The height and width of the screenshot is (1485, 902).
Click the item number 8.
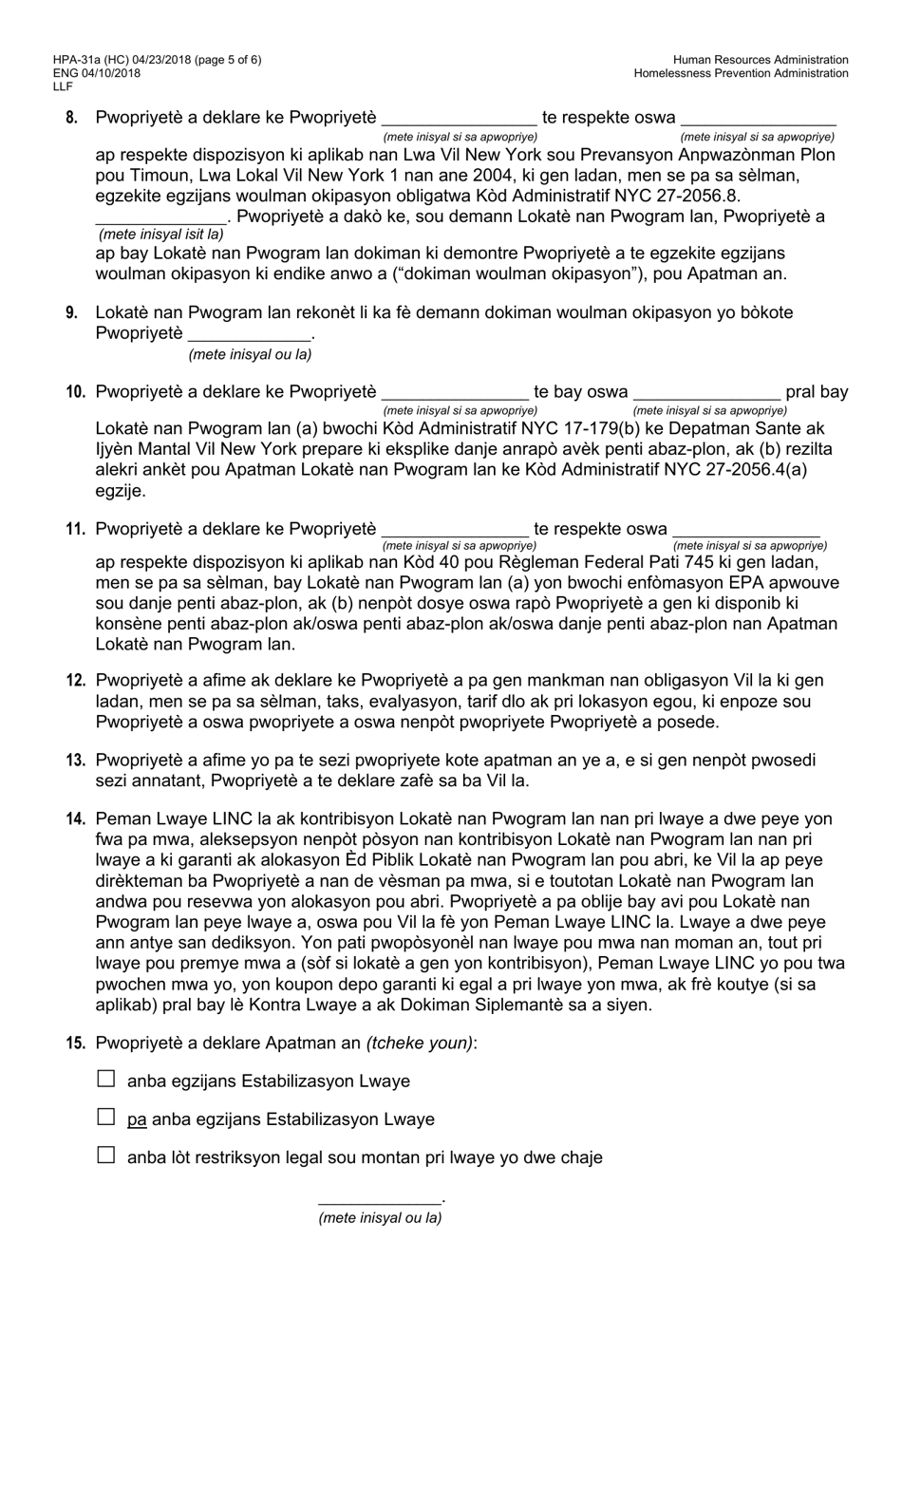(x=72, y=119)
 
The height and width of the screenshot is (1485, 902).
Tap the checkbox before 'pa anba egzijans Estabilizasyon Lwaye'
(x=106, y=1117)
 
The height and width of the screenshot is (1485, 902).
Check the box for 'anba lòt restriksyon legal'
(x=106, y=1155)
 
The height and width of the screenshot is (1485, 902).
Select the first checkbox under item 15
(x=106, y=1079)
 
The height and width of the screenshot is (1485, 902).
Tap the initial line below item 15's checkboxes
(x=379, y=1201)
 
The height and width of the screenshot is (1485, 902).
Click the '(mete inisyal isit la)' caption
(x=161, y=234)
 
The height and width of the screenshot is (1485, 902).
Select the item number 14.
(x=76, y=819)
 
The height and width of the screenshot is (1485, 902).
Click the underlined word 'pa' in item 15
(x=137, y=1119)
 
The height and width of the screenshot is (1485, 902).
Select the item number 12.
(x=76, y=681)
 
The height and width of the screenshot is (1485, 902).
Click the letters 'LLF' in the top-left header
(x=63, y=86)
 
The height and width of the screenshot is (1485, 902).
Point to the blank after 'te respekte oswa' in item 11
(x=745, y=531)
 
